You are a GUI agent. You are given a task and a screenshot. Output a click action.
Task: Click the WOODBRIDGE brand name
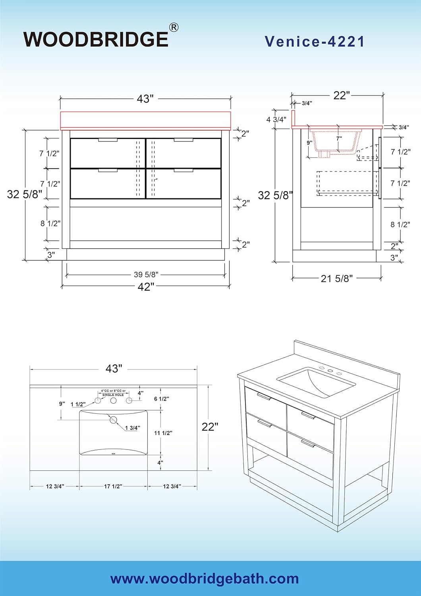[x=96, y=39]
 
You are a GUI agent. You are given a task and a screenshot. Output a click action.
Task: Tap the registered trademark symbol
[x=174, y=27]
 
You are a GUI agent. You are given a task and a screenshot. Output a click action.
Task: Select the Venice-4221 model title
[x=314, y=41]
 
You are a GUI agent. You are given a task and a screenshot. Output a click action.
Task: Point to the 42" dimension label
[x=146, y=287]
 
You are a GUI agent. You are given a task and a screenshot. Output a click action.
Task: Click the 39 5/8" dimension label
[x=146, y=274]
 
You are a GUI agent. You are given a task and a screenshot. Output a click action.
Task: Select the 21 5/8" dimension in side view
[x=337, y=279]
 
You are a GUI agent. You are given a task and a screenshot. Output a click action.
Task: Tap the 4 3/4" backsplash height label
[x=276, y=120]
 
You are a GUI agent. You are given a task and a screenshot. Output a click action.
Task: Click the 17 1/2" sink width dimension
[x=113, y=486]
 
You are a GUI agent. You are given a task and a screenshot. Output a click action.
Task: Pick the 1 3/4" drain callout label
[x=132, y=428]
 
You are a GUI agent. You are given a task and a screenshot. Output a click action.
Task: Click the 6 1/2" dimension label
[x=161, y=399]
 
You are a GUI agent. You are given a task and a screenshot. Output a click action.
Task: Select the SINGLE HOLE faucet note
[x=113, y=395]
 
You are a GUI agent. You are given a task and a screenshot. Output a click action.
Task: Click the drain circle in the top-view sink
[x=114, y=420]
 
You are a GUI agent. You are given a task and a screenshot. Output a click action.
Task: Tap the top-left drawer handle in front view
[x=108, y=140]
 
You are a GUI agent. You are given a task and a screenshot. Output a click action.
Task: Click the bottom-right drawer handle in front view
[x=183, y=170]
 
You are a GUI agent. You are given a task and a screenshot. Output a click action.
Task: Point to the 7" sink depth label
[x=339, y=138]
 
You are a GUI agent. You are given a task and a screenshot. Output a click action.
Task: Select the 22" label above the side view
[x=342, y=95]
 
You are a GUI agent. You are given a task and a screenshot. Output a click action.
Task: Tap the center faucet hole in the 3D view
[x=330, y=371]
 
